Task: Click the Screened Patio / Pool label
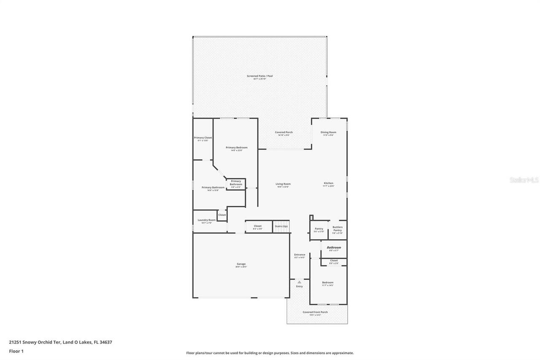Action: pos(260,76)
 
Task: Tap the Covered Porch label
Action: pos(283,133)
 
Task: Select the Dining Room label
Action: pos(328,133)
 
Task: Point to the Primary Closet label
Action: pos(203,138)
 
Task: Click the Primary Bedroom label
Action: pos(236,148)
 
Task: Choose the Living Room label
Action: pos(283,184)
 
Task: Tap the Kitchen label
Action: pos(328,183)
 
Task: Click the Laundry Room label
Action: pos(207,220)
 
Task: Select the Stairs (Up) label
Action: pos(281,226)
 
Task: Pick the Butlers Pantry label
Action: pos(337,229)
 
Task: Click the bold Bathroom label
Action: pos(334,247)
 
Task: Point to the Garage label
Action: pos(241,264)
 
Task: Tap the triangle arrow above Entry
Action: pos(299,282)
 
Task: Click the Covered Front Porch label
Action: pos(315,312)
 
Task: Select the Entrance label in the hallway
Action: pos(300,255)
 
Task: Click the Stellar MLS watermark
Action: pos(524,180)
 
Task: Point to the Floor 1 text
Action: pos(16,351)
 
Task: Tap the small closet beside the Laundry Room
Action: pos(222,215)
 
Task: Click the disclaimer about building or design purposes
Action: pos(270,353)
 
